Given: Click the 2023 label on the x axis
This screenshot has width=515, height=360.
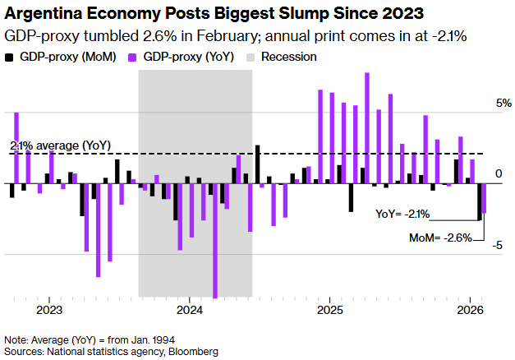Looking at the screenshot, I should click(50, 310).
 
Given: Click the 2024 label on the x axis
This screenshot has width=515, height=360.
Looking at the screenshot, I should click(190, 310).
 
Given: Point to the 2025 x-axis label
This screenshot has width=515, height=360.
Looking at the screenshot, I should click(329, 310).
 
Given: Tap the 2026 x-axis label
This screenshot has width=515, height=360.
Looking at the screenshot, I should click(470, 310).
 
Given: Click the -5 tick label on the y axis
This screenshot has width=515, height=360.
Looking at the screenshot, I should click(498, 246).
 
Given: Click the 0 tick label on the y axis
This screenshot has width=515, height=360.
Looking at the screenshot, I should click(499, 174).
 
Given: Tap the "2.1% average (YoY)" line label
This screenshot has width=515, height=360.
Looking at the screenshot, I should click(60, 145).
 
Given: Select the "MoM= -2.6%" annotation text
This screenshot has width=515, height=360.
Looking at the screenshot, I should click(440, 238).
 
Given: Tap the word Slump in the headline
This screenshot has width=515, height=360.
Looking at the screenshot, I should click(306, 14).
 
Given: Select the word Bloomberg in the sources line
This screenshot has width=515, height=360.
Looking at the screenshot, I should click(194, 351).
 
